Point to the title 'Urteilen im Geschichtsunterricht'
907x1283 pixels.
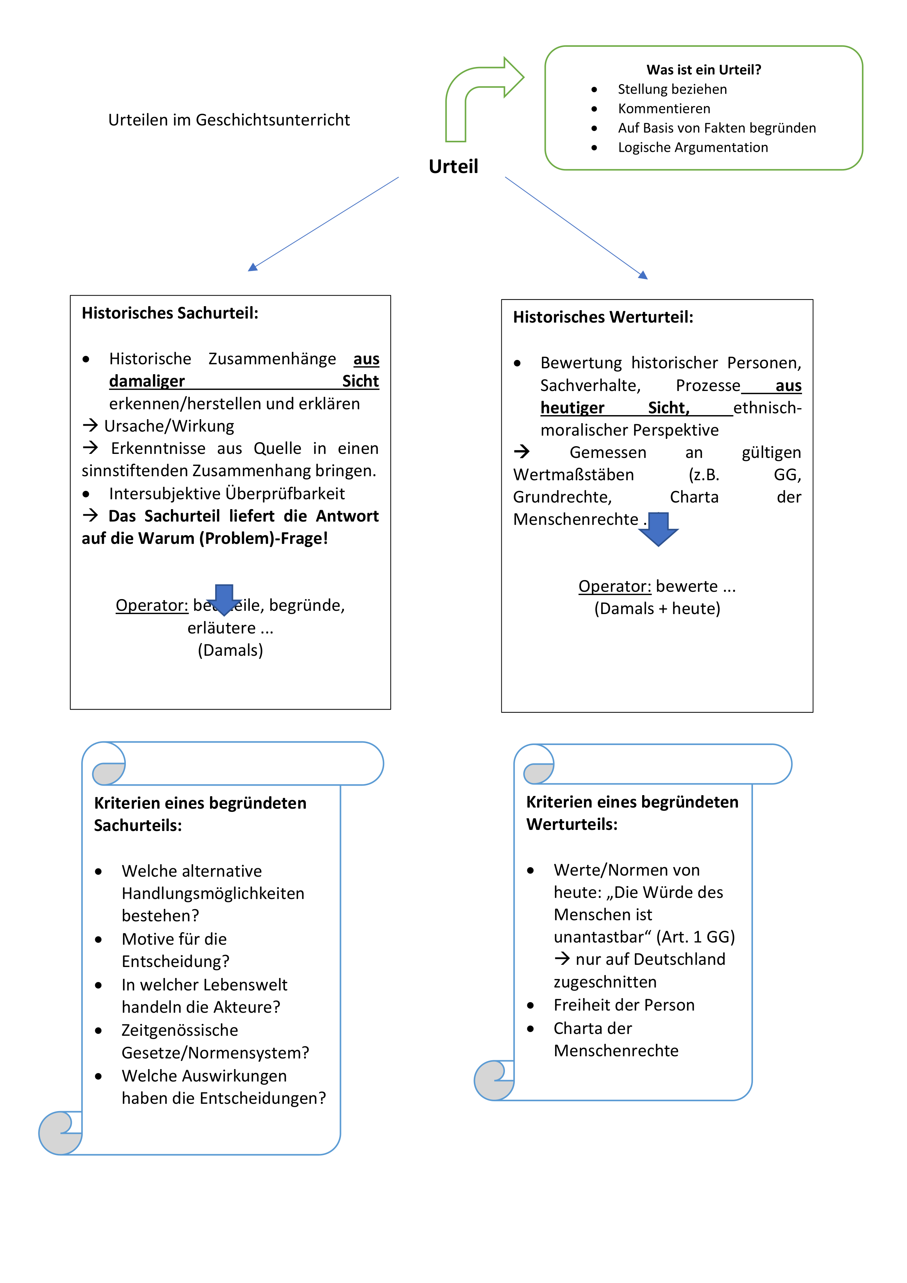(x=229, y=120)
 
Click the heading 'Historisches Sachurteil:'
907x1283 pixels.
(x=170, y=313)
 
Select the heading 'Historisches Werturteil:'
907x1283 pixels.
(x=603, y=317)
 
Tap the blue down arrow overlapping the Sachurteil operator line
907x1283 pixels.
(x=224, y=599)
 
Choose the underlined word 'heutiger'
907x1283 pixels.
(x=572, y=408)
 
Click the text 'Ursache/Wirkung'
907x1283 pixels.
(x=169, y=426)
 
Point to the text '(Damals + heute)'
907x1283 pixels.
(x=657, y=609)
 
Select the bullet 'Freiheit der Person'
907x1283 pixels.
(x=624, y=1005)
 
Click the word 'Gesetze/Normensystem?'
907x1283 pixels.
(x=215, y=1053)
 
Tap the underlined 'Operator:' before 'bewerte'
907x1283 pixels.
(x=614, y=586)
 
